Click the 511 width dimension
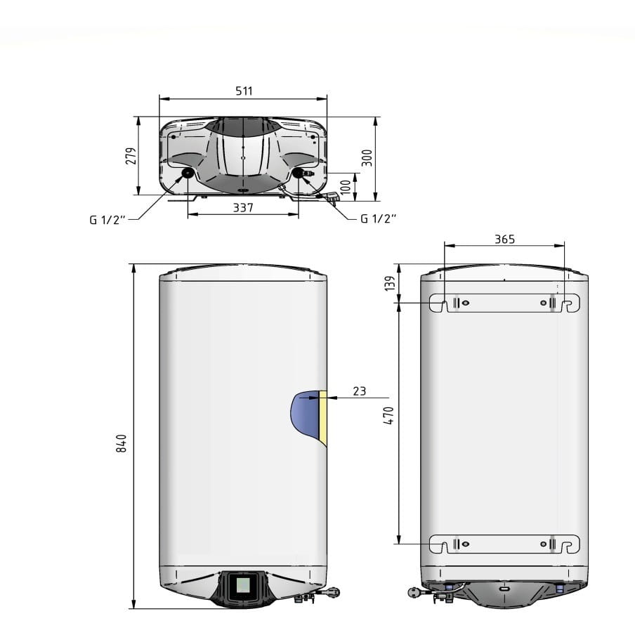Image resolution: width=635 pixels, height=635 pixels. click(x=244, y=91)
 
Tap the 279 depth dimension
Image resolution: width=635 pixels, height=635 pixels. click(x=131, y=156)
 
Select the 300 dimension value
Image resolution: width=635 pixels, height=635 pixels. click(x=367, y=158)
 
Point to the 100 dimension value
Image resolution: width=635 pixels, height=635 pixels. click(x=346, y=187)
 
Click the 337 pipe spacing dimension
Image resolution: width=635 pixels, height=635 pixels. click(x=243, y=208)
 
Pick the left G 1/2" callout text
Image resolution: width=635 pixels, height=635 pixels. click(x=107, y=220)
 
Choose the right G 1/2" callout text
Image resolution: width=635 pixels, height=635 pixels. click(x=378, y=218)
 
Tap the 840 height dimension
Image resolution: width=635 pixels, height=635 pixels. click(x=121, y=443)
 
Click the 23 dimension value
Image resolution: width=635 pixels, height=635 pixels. click(x=359, y=391)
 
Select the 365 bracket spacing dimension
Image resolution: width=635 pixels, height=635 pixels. click(x=504, y=240)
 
